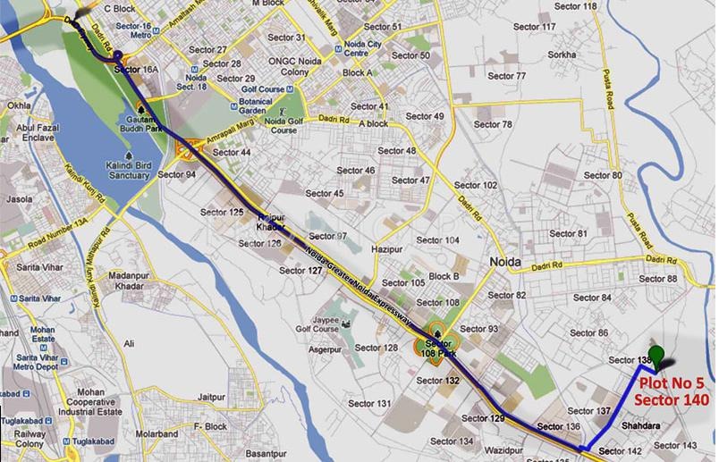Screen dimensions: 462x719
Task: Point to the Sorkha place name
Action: pos(563,54)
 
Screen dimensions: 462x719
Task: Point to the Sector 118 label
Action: pos(577,6)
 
